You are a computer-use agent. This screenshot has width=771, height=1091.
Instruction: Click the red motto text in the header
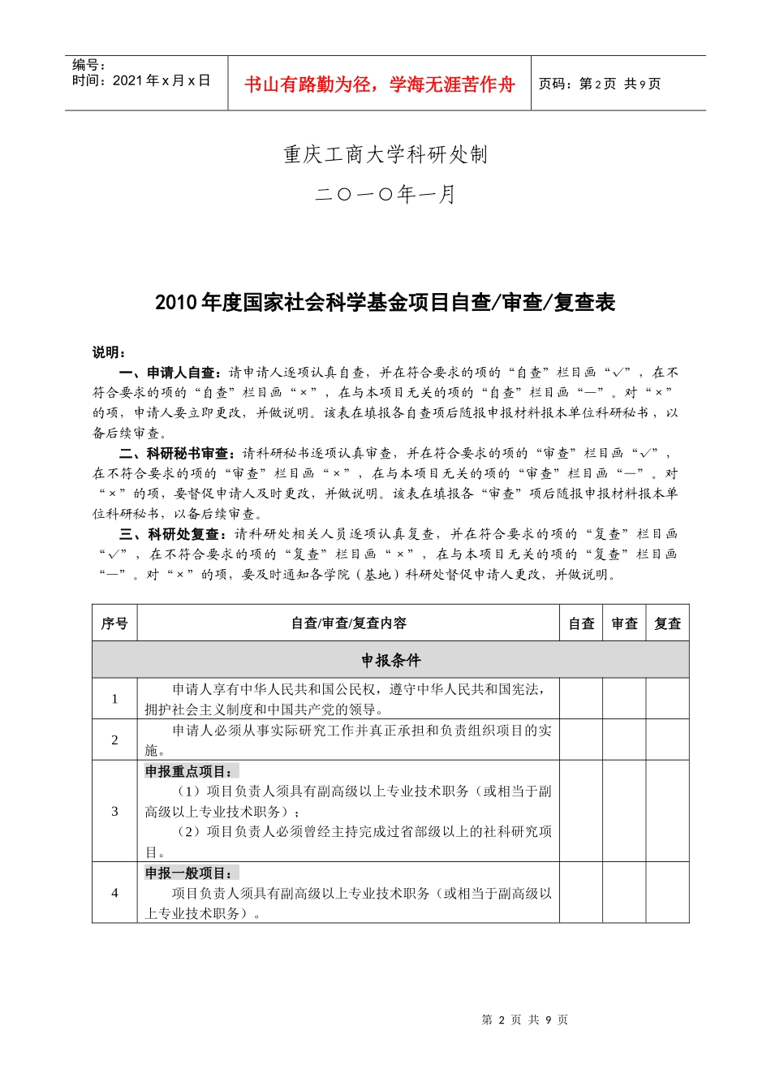379,84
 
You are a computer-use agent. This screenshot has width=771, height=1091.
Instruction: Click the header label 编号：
89,65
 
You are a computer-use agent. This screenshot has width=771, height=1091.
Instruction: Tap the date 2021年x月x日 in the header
141,80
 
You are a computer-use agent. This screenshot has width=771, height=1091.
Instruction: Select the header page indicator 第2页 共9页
600,84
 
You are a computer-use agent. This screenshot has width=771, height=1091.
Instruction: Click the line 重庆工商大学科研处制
385,154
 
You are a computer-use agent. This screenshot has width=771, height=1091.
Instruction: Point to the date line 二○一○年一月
385,195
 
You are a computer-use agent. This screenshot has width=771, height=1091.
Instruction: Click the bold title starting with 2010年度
385,303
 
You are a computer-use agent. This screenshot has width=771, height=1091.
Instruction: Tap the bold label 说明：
109,352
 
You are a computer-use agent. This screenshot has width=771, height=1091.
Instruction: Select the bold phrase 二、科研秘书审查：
180,453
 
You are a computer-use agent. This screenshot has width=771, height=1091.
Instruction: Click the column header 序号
114,623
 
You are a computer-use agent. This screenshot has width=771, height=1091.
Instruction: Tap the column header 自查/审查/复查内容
348,623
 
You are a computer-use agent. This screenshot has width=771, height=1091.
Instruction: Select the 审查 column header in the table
624,623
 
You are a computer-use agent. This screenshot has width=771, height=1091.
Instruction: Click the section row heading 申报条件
390,660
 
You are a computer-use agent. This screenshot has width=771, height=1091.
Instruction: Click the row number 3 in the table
114,811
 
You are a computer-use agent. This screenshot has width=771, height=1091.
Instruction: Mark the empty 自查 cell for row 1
581,699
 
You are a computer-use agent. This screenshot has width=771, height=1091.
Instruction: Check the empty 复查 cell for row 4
667,892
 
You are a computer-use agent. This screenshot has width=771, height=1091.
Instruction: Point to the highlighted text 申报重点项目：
192,771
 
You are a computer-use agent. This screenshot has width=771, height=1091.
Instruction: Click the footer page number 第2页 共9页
525,1020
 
